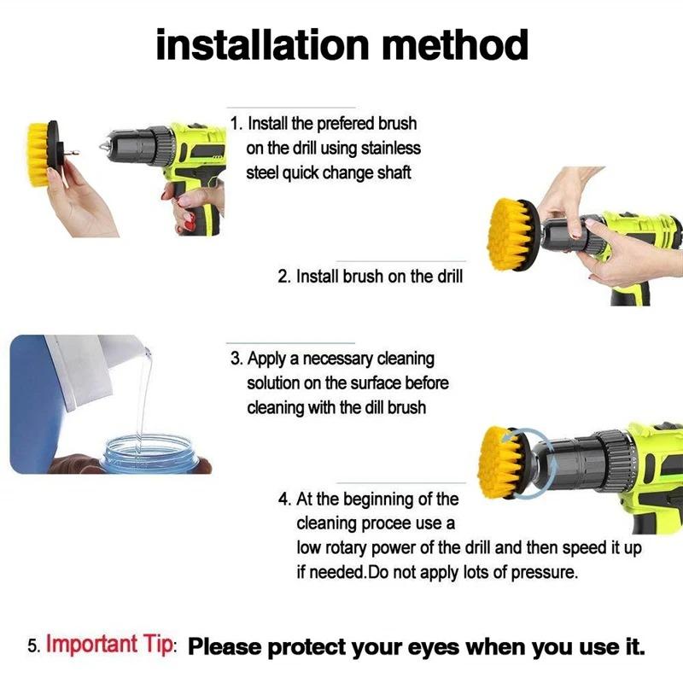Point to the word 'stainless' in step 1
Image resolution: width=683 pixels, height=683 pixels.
point(389,149)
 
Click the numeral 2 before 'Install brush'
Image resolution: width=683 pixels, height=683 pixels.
point(283,277)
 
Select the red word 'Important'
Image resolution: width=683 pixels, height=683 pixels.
point(91,644)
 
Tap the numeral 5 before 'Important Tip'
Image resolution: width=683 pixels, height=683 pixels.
point(32,646)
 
